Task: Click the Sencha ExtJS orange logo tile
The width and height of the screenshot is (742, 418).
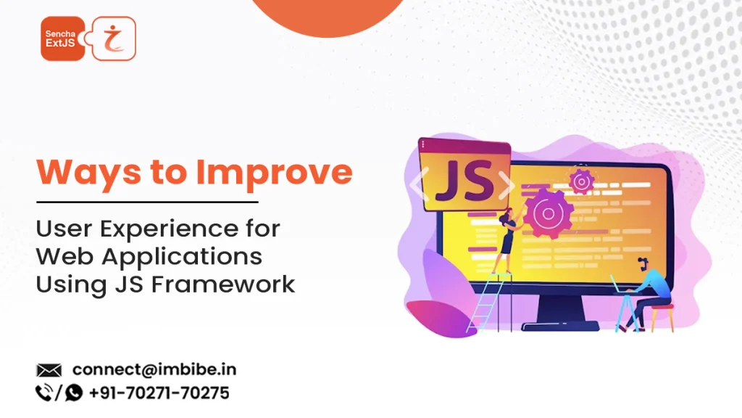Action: (x=63, y=38)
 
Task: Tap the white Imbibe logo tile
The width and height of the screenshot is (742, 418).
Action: (x=114, y=38)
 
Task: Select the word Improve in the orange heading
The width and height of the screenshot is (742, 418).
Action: (x=275, y=173)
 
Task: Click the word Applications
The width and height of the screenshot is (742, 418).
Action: (x=182, y=257)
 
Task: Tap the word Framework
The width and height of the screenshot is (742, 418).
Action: (x=223, y=284)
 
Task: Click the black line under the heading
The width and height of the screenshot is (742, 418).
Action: (x=147, y=202)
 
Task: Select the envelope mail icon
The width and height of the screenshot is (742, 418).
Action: (x=49, y=370)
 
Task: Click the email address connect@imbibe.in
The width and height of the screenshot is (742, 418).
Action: (x=154, y=369)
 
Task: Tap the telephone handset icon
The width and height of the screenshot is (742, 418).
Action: (x=44, y=393)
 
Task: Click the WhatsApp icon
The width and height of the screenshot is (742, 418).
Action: (x=73, y=393)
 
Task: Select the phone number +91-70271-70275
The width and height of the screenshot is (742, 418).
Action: (x=159, y=393)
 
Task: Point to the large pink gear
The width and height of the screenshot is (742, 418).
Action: (x=548, y=213)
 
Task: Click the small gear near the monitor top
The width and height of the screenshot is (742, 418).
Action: (x=581, y=181)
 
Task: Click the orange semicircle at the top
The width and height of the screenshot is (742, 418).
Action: (x=328, y=17)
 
